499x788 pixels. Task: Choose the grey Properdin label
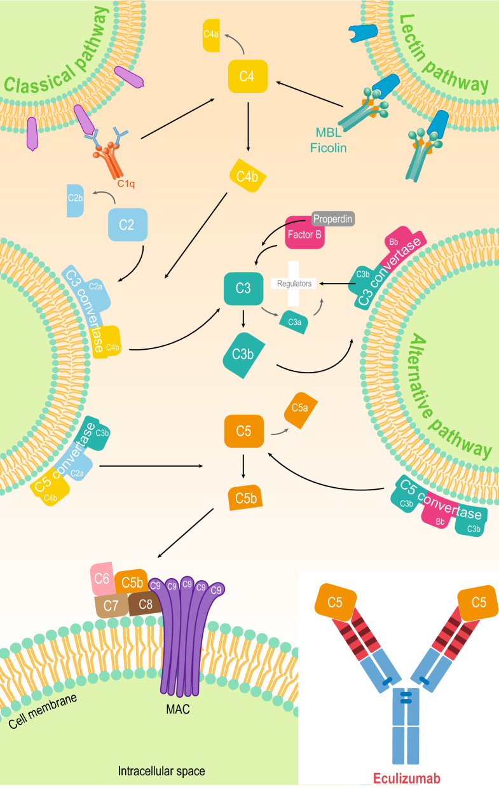(x=332, y=218)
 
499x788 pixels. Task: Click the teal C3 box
(x=243, y=287)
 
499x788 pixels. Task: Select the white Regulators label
(x=294, y=284)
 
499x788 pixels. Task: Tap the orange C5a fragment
(x=300, y=406)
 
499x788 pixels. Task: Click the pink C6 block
(x=101, y=579)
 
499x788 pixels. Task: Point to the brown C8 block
(x=145, y=602)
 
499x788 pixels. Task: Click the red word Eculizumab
(x=399, y=777)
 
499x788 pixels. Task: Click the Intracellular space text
(x=161, y=772)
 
